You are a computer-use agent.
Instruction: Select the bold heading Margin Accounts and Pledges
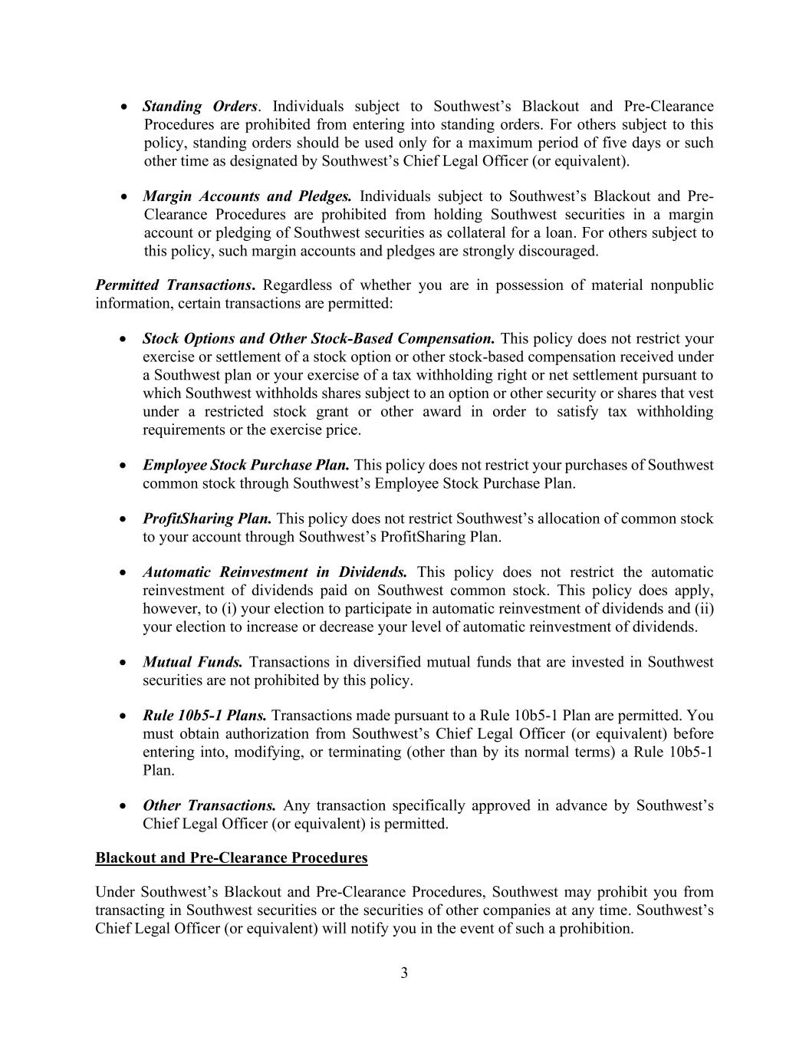point(247,196)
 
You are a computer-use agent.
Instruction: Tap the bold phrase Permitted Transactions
point(175,286)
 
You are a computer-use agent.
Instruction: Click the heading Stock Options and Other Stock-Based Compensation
point(318,339)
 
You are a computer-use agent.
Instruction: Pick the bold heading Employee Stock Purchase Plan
point(246,466)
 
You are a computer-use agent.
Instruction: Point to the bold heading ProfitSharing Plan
point(207,519)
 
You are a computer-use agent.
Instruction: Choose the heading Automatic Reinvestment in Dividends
point(275,573)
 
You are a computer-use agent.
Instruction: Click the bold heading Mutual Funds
point(192,663)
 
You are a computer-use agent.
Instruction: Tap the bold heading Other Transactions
point(209,806)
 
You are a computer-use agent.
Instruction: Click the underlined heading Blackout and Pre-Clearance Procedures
point(232,858)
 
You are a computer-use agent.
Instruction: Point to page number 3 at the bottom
point(404,974)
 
